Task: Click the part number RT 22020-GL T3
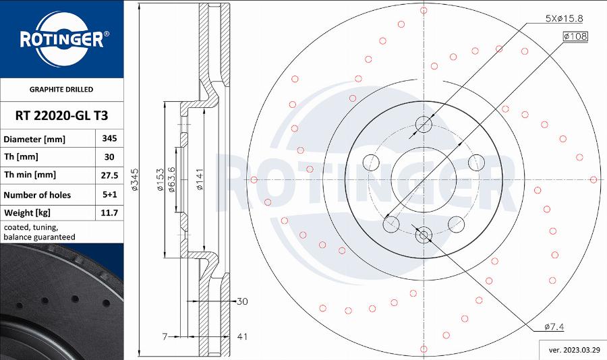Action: click(x=61, y=115)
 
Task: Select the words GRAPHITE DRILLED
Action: click(x=61, y=89)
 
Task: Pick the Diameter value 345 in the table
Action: click(x=109, y=138)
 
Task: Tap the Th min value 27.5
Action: click(x=109, y=175)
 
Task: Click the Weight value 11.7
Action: click(x=109, y=213)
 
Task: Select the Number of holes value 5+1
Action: click(x=109, y=194)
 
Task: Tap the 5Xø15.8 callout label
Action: click(x=564, y=19)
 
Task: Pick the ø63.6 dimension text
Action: click(x=172, y=179)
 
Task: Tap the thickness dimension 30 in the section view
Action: click(x=243, y=301)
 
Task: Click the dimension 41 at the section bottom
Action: click(x=243, y=335)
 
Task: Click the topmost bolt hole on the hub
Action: click(x=424, y=124)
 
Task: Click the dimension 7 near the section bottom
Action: click(x=164, y=335)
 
